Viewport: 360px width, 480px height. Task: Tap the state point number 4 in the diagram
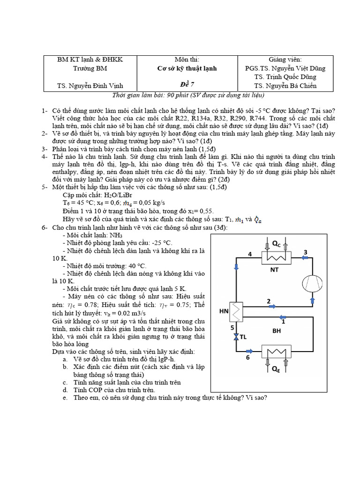pos(250,254)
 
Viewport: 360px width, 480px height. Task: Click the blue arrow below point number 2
pos(271,307)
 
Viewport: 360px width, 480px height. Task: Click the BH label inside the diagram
pos(277,331)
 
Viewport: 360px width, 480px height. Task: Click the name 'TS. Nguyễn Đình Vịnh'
pos(90,86)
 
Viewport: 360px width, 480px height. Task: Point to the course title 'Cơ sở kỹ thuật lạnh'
pos(187,68)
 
